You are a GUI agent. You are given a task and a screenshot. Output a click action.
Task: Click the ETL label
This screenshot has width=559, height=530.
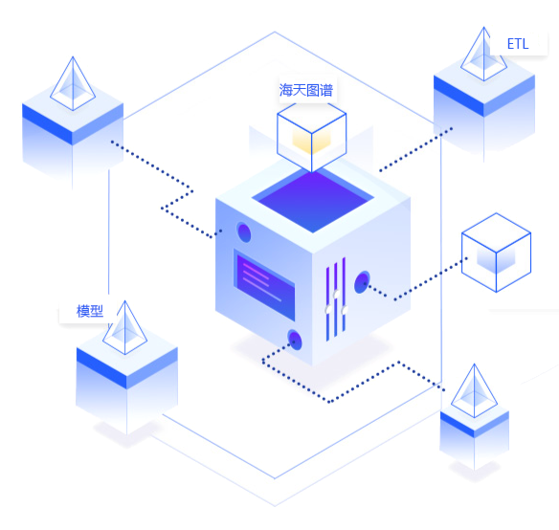(x=518, y=44)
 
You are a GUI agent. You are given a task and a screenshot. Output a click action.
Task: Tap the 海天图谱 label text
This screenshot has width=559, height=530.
(x=306, y=91)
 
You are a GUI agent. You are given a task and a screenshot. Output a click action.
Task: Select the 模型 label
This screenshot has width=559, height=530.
(x=90, y=311)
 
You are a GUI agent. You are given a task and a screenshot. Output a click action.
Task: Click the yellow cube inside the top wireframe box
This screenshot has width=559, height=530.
(x=312, y=142)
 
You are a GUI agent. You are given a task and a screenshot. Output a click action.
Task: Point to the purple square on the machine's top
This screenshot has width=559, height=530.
(x=313, y=200)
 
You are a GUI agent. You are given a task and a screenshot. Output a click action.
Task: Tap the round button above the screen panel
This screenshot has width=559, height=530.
(x=244, y=232)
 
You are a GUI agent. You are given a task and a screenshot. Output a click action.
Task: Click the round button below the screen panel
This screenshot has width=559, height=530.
(x=295, y=340)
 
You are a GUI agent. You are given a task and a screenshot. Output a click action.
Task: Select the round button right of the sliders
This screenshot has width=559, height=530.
(x=362, y=282)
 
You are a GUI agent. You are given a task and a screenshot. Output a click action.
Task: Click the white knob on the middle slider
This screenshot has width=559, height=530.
(x=336, y=295)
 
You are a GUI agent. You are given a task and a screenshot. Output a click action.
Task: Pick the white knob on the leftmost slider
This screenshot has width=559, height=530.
(x=328, y=309)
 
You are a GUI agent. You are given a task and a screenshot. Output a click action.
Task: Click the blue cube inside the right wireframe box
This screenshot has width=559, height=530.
(x=496, y=259)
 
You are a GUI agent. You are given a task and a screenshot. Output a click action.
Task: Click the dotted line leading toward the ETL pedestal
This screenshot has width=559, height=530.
(x=415, y=149)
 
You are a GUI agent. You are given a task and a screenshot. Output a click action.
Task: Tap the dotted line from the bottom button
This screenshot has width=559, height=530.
(x=330, y=402)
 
